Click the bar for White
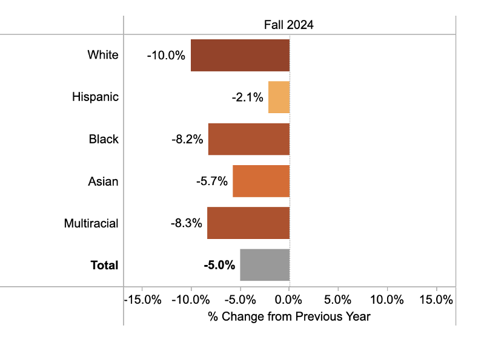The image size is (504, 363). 240,55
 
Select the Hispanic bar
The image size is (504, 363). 279,97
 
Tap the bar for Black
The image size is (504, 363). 249,139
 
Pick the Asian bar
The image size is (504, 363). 261,181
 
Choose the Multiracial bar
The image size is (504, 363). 248,223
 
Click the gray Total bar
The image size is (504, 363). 265,265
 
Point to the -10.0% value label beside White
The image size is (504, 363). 165,55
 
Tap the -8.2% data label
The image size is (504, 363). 187,139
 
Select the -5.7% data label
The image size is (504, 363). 211,181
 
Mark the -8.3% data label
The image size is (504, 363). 186,223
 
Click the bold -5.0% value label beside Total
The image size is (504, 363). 219,265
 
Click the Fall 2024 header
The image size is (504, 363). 289,25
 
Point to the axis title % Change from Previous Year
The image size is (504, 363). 289,316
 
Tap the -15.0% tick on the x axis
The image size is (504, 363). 142,300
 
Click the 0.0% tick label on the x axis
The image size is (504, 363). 289,300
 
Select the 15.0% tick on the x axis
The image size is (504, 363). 436,300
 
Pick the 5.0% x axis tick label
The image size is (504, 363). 338,300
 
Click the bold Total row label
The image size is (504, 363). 104,265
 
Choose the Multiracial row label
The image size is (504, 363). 91,223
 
